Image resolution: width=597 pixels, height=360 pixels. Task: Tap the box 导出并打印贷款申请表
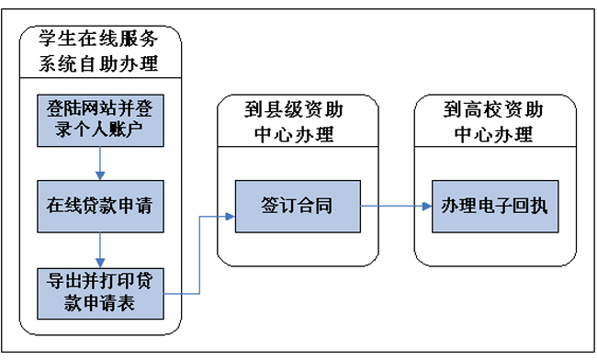point(100,293)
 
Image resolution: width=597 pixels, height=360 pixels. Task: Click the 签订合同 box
point(297,206)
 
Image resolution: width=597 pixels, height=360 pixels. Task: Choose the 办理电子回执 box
point(494,206)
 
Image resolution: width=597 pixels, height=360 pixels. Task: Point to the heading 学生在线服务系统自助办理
point(100,51)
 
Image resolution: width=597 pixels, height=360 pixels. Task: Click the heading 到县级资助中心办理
point(297,123)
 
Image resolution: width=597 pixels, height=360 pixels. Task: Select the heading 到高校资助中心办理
point(494,123)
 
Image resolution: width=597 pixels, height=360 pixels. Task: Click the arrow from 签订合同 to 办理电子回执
point(395,206)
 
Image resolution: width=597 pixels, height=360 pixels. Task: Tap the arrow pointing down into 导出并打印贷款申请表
point(100,249)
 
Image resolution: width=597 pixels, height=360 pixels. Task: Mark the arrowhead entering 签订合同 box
point(229,217)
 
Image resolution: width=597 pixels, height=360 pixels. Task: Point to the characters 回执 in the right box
point(526,206)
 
